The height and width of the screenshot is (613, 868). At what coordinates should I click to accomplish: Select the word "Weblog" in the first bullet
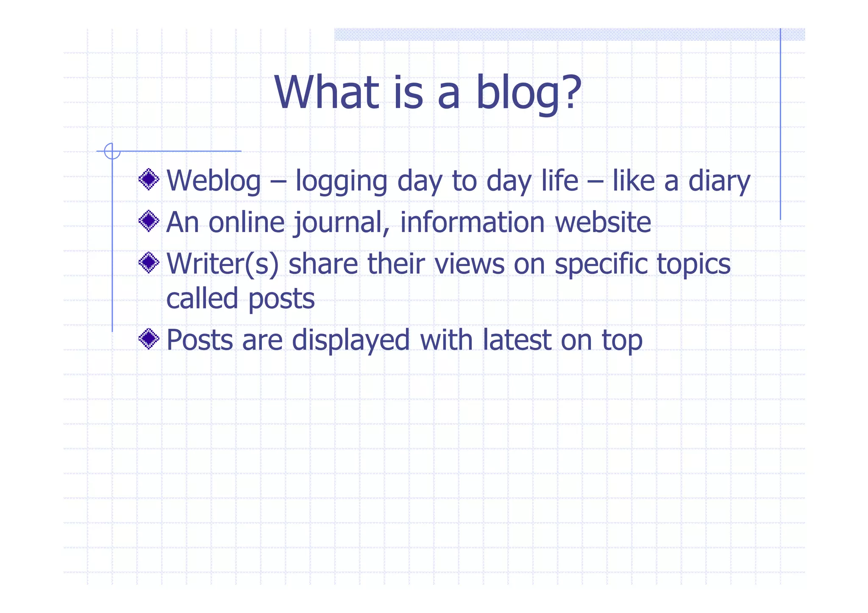214,181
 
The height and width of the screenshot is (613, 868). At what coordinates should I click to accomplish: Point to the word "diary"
719,182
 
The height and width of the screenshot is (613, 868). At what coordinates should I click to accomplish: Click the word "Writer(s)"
223,264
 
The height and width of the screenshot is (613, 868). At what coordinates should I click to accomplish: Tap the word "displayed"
351,340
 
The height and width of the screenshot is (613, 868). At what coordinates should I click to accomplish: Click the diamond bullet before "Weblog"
149,180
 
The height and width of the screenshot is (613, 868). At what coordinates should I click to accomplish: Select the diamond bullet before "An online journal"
149,221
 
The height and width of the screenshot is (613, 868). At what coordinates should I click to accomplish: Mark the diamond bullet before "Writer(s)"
149,263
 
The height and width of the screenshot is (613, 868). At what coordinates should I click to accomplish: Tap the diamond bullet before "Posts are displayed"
149,338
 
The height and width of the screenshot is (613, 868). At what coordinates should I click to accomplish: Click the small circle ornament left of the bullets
112,151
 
